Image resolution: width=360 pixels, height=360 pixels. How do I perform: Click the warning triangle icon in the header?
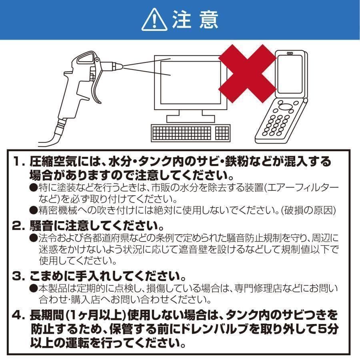[155, 20]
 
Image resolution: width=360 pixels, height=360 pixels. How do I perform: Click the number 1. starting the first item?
[19, 162]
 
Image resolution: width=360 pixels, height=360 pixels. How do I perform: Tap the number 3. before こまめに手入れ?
[19, 276]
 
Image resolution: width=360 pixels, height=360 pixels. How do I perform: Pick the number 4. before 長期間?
[19, 316]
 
